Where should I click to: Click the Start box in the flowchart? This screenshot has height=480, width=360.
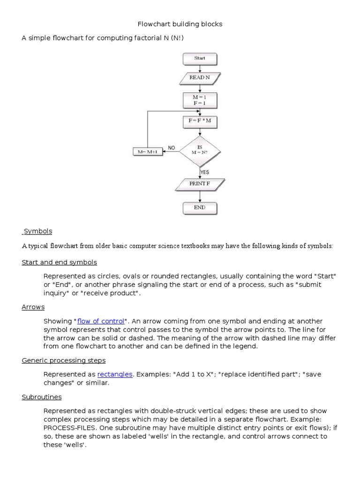[x=200, y=59]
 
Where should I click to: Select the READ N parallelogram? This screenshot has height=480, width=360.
[x=200, y=78]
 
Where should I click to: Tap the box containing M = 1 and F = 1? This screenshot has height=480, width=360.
[x=200, y=100]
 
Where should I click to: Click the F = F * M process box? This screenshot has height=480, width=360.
[x=200, y=121]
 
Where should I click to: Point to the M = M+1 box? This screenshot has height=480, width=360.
[x=148, y=152]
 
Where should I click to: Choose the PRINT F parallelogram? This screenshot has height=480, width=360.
[x=200, y=184]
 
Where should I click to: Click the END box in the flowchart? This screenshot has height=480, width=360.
[x=200, y=207]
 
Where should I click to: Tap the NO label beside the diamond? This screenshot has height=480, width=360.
[x=171, y=148]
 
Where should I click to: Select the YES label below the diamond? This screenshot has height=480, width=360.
[x=205, y=172]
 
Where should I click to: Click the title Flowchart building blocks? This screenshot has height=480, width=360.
[x=180, y=23]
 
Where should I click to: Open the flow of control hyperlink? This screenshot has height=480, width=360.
[x=101, y=321]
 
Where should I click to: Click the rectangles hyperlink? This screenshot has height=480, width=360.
[x=115, y=374]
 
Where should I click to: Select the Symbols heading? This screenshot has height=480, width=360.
[x=38, y=231]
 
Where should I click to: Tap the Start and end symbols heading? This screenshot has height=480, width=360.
[x=59, y=262]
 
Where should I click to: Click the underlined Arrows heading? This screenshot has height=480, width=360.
[x=33, y=307]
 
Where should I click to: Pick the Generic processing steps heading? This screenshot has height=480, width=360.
[x=63, y=360]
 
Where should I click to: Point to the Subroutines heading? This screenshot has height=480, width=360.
[x=41, y=397]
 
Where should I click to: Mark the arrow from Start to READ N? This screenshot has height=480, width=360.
[x=200, y=68]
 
